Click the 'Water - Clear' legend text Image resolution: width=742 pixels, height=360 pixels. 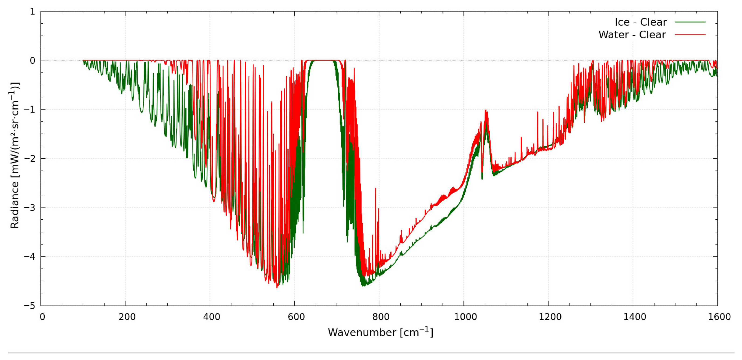632,35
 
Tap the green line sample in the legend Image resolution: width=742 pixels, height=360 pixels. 690,22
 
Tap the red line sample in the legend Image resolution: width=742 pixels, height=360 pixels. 690,35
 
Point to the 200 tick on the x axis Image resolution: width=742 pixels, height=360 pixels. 127,317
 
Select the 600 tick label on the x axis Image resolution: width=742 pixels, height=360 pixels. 296,317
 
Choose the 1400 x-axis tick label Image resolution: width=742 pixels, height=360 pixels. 635,317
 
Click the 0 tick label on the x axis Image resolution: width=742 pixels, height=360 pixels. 42,317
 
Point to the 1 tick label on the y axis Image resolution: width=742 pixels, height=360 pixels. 32,11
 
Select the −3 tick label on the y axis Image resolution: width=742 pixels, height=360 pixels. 30,207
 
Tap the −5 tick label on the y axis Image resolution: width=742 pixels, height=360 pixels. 30,306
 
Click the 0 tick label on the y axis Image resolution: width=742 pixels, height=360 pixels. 32,61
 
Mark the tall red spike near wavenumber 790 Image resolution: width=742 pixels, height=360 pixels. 376,189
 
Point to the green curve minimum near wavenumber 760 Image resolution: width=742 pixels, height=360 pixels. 364,285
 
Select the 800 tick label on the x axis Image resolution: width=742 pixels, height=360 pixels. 381,317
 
